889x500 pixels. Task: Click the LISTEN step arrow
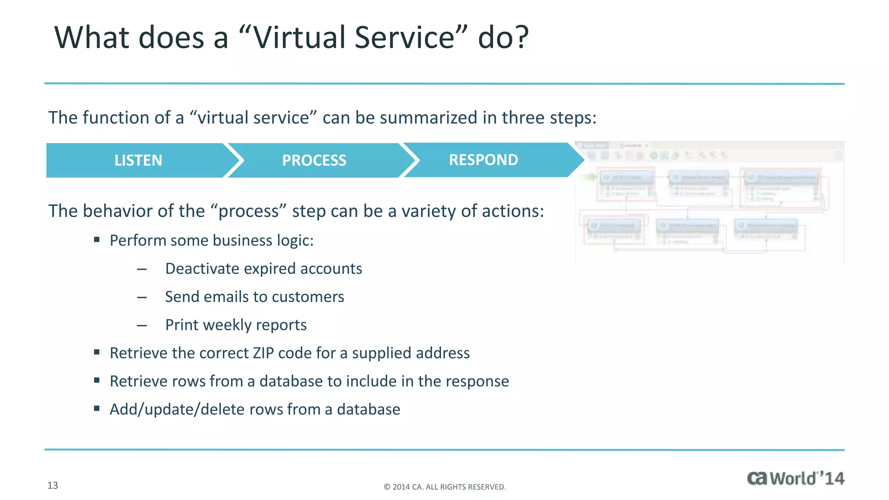click(138, 160)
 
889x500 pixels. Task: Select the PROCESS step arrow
click(314, 160)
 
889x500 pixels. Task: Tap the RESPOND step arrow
click(484, 160)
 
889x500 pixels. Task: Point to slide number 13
click(53, 485)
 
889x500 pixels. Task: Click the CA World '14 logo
click(795, 478)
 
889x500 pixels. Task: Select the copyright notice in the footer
click(444, 487)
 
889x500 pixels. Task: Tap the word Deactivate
click(202, 269)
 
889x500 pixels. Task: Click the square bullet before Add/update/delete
click(97, 408)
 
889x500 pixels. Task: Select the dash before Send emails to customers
click(142, 298)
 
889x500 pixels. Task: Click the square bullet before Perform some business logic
click(97, 240)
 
